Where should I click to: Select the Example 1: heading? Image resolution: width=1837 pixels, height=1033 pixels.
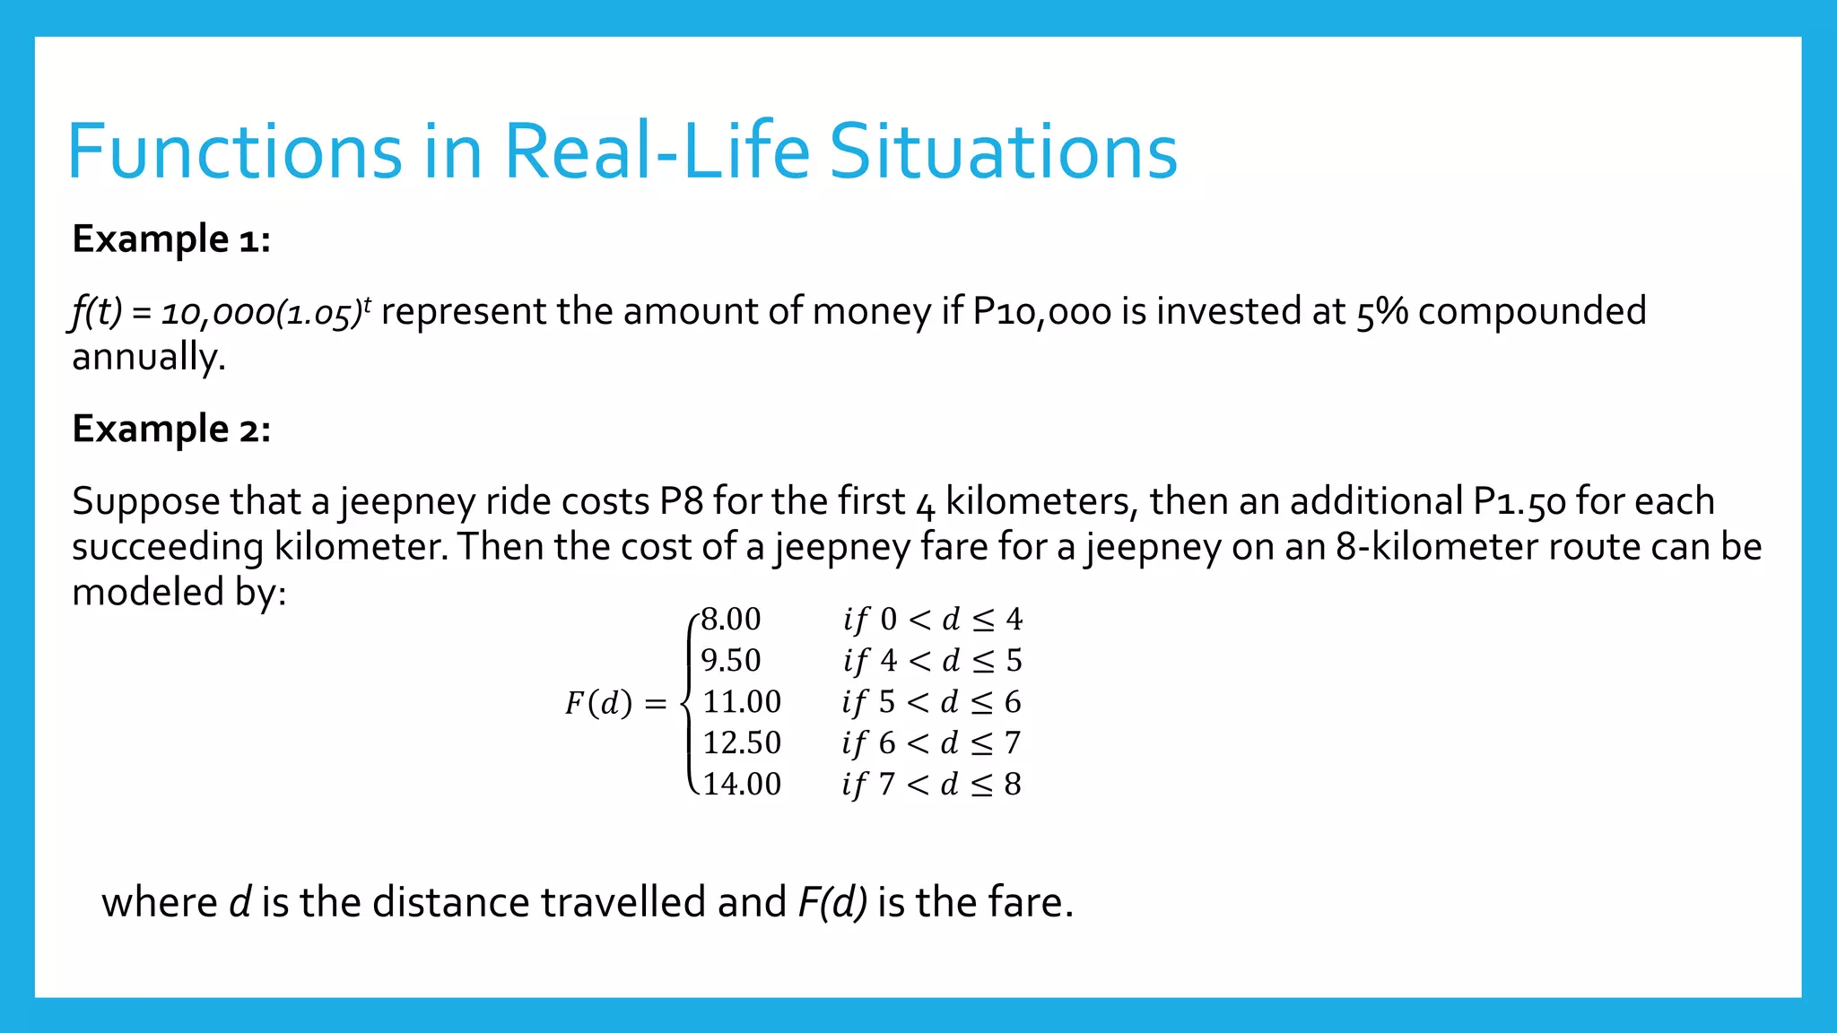[x=171, y=239]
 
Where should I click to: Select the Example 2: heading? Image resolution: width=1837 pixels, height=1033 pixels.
[x=171, y=430]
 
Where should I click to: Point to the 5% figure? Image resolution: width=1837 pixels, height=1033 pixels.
[x=1381, y=312]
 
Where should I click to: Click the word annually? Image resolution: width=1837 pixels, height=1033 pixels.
[x=149, y=358]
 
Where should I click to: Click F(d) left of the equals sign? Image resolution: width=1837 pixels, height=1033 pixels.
[x=598, y=703]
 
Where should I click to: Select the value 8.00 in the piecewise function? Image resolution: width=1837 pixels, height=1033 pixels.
[x=731, y=620]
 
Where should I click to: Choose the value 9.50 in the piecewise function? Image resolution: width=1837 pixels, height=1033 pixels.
[x=731, y=661]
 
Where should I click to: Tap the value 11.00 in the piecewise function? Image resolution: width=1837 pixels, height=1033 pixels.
[x=742, y=702]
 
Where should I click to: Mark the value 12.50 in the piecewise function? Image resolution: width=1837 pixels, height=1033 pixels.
[x=742, y=743]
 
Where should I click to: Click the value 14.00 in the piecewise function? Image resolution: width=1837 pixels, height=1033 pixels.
[x=742, y=785]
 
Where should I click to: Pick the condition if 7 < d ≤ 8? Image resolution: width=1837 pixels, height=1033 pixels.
[x=931, y=785]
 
